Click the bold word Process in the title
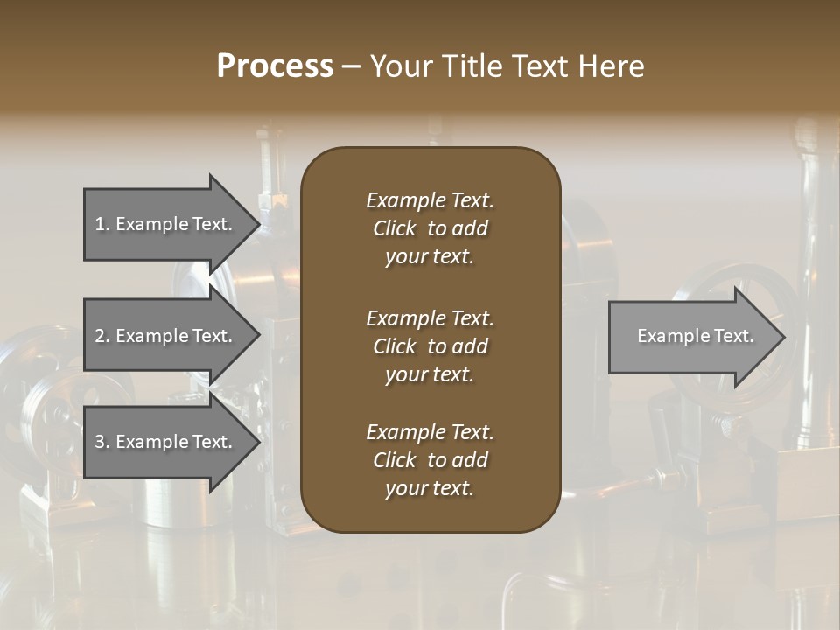275,66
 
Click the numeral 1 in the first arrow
99,224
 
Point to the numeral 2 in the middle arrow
100,336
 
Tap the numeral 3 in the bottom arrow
100,442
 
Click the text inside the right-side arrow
695,336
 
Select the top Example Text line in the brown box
430,200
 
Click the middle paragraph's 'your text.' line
430,374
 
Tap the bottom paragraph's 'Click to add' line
430,460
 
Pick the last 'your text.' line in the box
430,488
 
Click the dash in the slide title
351,66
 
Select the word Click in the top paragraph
394,228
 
